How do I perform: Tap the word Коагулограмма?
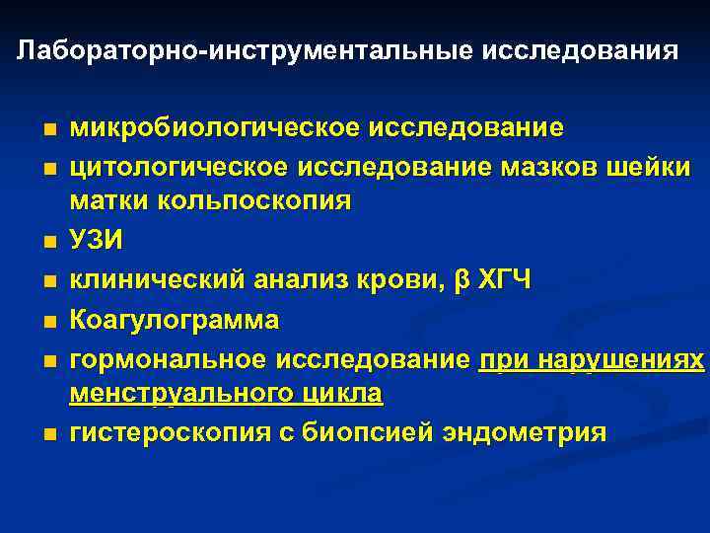pyautogui.click(x=175, y=321)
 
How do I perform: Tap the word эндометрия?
pyautogui.click(x=522, y=433)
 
